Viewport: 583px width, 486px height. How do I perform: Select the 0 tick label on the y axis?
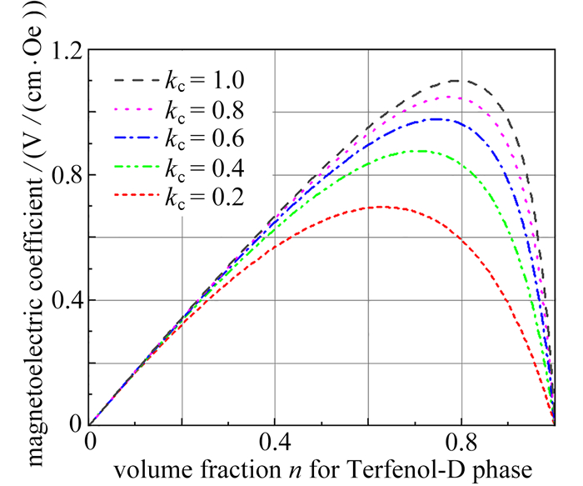[x=76, y=424]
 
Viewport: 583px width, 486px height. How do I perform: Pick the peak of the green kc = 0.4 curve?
[x=422, y=151]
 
